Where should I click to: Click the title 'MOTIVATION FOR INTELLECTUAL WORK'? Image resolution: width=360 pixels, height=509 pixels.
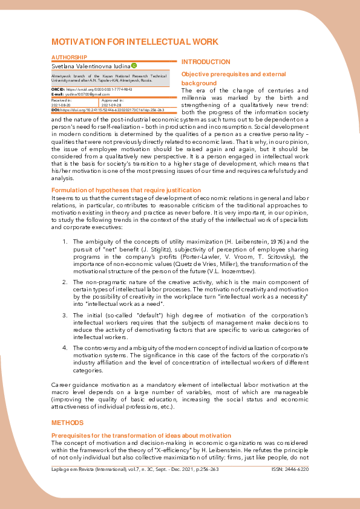point(134,42)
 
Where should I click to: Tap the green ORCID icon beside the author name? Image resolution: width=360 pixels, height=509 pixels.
point(134,65)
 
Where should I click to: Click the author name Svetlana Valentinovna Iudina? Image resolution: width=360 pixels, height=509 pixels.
point(90,65)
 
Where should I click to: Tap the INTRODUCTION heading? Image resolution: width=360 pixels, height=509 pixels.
point(206,62)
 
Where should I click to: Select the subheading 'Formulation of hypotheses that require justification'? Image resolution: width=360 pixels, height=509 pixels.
point(126,190)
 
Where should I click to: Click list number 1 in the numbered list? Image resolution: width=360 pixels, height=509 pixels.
point(65,241)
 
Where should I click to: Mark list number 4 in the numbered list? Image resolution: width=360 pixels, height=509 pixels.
point(65,348)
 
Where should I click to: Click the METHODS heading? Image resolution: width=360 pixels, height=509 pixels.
point(67,423)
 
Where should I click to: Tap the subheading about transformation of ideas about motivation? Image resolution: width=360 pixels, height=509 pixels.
point(141,435)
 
